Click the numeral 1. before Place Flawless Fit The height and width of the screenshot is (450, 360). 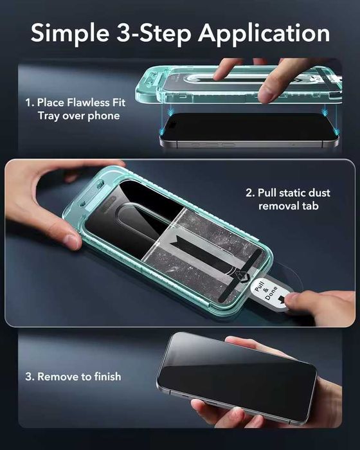click(x=30, y=102)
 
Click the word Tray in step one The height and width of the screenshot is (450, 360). click(x=49, y=116)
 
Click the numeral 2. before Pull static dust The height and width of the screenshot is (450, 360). click(x=250, y=192)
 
